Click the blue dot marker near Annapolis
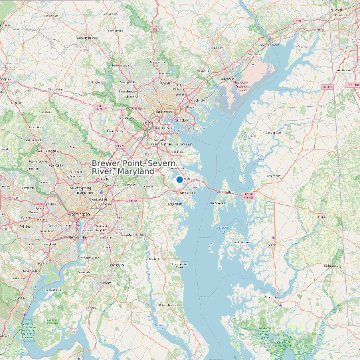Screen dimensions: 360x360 tap(179, 179)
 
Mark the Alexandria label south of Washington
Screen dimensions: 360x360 tap(75, 236)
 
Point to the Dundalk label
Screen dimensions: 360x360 tap(183, 120)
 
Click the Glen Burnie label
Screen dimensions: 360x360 tap(162, 143)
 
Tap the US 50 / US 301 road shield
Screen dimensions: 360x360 tap(248, 195)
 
